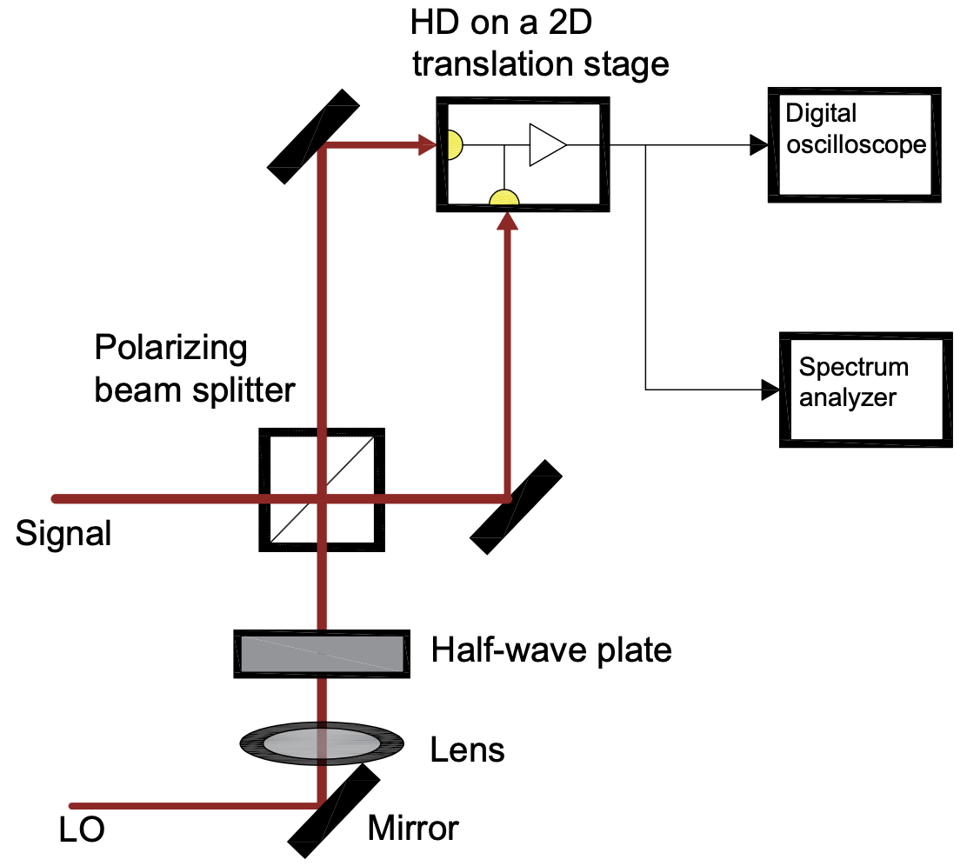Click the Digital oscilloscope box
[853, 145]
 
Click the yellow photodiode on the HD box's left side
[454, 145]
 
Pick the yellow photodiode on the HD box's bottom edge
[504, 199]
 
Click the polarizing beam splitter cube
[322, 490]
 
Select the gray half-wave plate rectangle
[323, 653]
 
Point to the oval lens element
[322, 743]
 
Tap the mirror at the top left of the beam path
[314, 137]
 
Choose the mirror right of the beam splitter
[517, 506]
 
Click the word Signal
[63, 533]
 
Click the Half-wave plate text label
[551, 649]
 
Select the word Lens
[468, 749]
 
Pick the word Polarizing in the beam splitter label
[170, 349]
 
